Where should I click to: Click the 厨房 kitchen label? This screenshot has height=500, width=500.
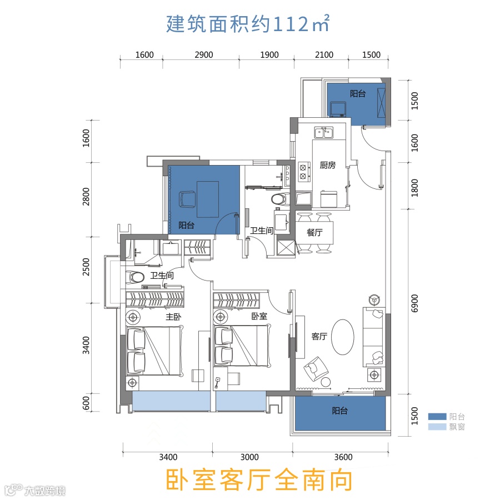point(327,165)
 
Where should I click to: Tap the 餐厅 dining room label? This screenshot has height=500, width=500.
point(314,232)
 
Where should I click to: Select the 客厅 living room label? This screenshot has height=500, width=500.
point(319,337)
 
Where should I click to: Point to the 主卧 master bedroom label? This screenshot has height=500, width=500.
point(173,317)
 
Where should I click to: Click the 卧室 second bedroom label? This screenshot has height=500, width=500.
point(259,316)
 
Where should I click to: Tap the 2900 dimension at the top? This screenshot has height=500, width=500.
point(204,55)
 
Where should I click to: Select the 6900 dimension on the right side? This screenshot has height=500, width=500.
point(414,303)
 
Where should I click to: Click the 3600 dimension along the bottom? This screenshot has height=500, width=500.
point(343,457)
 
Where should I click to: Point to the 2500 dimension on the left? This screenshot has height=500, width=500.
point(86,267)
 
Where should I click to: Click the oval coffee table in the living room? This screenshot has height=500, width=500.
point(342,337)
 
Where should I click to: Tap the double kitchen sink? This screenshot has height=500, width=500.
point(324,132)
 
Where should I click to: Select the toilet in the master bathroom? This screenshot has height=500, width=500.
point(135,277)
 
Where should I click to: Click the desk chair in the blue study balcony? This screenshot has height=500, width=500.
point(187,199)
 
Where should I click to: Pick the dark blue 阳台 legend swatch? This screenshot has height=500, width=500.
point(437,417)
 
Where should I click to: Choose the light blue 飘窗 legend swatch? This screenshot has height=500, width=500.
point(437,427)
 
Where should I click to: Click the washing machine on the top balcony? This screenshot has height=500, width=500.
point(338,109)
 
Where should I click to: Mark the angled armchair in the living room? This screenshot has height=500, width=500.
point(316,369)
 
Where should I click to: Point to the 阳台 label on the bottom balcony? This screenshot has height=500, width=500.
point(339,411)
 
